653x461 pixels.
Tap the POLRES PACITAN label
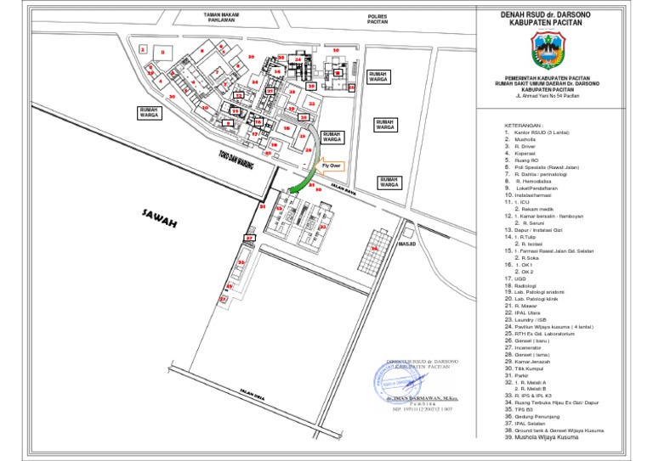click(x=377, y=19)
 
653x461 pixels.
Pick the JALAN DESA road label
click(x=253, y=395)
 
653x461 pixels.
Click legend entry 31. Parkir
click(x=516, y=374)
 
